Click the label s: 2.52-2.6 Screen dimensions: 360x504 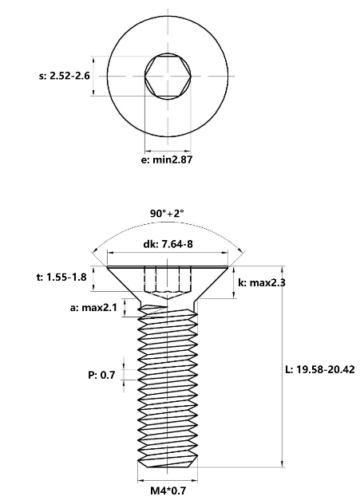point(64,77)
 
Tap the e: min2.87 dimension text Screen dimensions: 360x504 point(167,159)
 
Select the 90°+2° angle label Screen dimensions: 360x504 point(167,213)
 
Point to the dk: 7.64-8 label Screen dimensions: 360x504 point(168,244)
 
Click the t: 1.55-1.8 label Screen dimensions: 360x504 point(61,277)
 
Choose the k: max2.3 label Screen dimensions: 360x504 point(262,283)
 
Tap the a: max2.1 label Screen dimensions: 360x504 point(93,308)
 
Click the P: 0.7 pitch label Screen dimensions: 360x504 point(101,375)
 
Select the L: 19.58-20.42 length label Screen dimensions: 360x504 point(320,369)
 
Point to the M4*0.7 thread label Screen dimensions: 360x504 point(168,490)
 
